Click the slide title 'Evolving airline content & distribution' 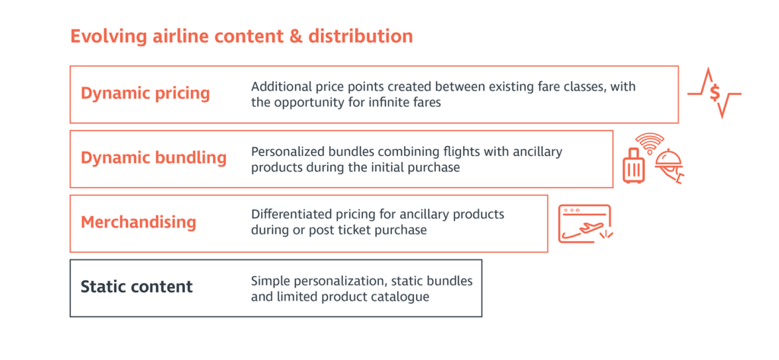pos(241,37)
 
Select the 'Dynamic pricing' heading pos(145,94)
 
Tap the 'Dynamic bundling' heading pos(154,158)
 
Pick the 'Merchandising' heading pos(138,222)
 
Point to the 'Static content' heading pos(137,287)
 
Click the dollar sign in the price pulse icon pos(714,93)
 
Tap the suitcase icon pos(632,166)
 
